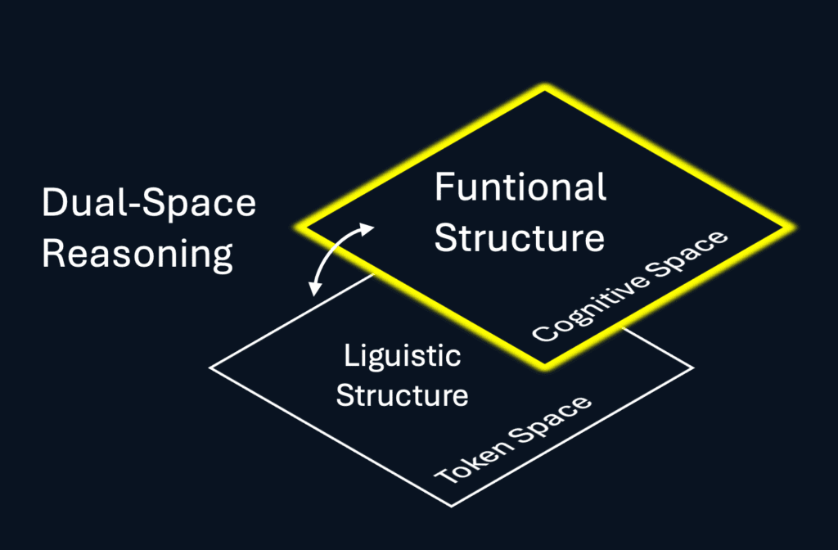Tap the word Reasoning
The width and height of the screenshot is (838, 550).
pyautogui.click(x=137, y=255)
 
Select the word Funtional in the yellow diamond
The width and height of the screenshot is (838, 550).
pyautogui.click(x=520, y=187)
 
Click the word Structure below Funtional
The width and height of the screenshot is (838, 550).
pyautogui.click(x=520, y=238)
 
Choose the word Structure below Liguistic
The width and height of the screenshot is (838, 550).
pyautogui.click(x=402, y=395)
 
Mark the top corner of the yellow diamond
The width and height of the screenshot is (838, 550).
pyautogui.click(x=544, y=88)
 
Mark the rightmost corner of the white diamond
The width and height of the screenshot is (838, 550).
pyautogui.click(x=693, y=367)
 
